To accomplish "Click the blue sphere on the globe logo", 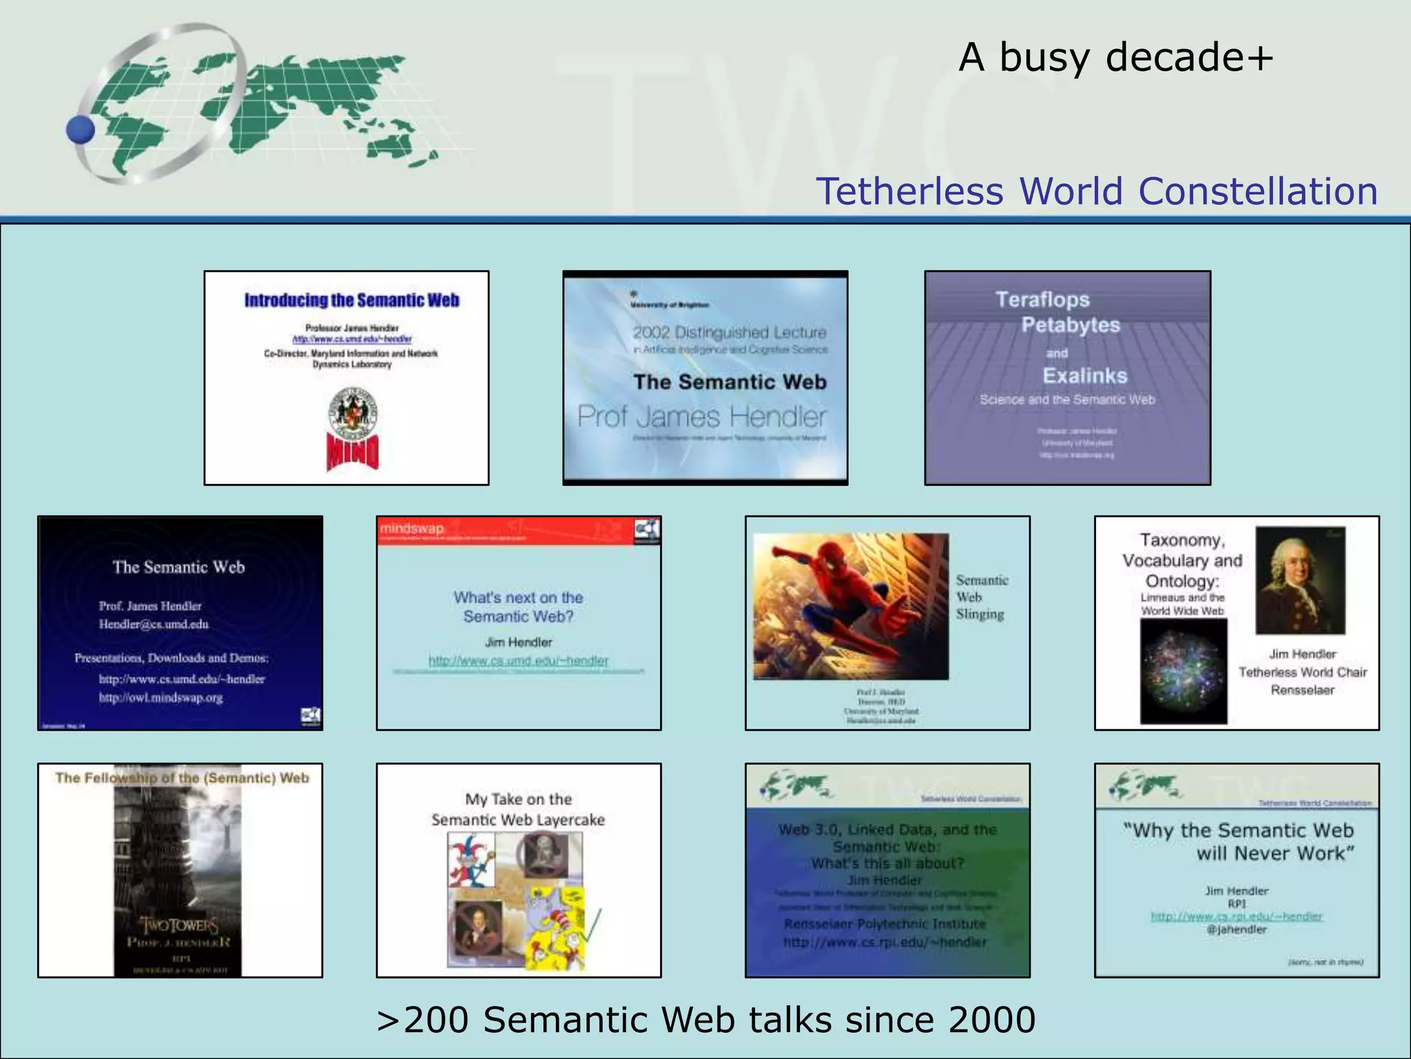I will (81, 129).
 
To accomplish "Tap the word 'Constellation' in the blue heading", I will (1258, 191).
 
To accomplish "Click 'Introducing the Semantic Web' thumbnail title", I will (351, 300).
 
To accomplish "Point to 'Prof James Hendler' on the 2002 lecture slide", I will (702, 416).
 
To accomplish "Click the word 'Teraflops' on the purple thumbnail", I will (1042, 299).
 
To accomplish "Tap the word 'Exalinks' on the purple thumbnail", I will (1084, 376).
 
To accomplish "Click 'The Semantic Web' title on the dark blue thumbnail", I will (178, 567).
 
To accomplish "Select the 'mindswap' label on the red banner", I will (412, 528).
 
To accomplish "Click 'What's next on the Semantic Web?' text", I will (518, 607).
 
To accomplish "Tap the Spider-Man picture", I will (851, 605).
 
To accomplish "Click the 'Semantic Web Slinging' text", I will (981, 597).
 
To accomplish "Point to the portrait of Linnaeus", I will (1299, 581).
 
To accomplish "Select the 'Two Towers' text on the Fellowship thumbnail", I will (179, 924).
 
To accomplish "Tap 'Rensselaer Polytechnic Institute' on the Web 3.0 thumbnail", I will (885, 924).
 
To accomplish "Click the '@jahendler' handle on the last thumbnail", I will (1237, 929).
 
